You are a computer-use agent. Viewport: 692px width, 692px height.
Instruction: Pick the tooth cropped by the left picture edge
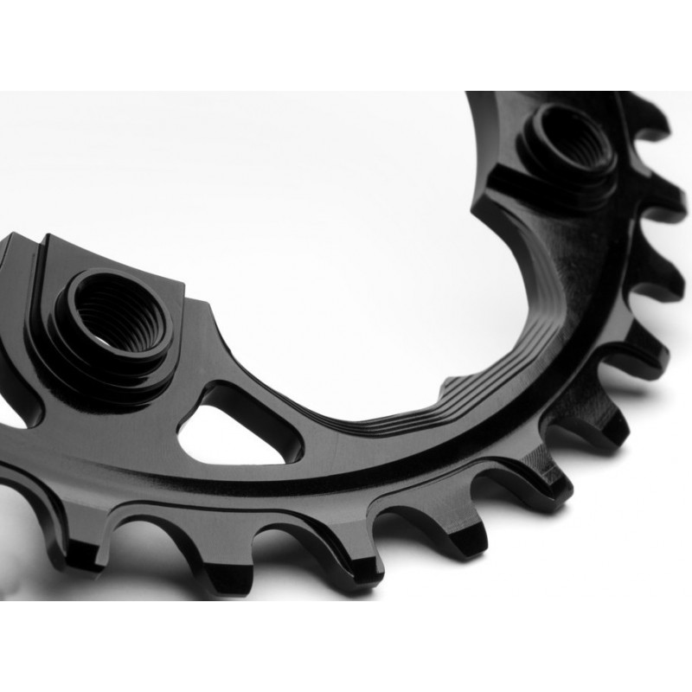[x=17, y=493]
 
